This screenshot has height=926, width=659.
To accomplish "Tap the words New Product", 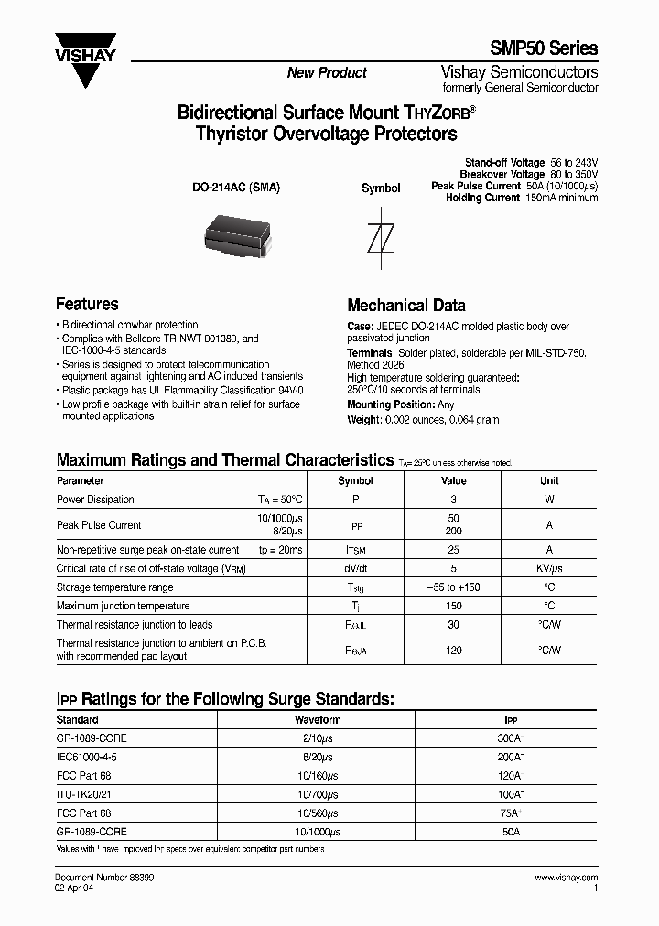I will pyautogui.click(x=327, y=72).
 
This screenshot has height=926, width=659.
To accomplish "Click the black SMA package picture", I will pyautogui.click(x=236, y=234).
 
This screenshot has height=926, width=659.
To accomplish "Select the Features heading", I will pyautogui.click(x=87, y=304).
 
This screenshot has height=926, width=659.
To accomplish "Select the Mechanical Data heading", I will pyautogui.click(x=405, y=306).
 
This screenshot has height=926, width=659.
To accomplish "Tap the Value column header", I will pyautogui.click(x=453, y=480).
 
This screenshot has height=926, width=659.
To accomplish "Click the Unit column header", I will pyautogui.click(x=549, y=480).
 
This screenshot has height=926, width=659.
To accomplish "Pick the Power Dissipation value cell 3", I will pyautogui.click(x=453, y=500).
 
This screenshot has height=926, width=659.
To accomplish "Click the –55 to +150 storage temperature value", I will pyautogui.click(x=453, y=587).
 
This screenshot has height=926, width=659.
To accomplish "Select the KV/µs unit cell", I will pyautogui.click(x=549, y=568).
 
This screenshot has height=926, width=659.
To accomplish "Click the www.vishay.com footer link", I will pyautogui.click(x=565, y=878).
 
